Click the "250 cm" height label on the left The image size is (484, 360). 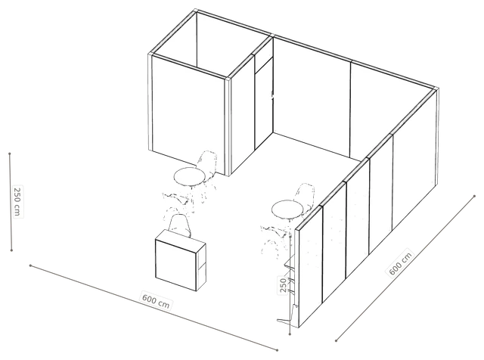point(17,202)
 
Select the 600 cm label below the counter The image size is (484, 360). point(156,301)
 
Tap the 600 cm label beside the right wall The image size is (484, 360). point(400,263)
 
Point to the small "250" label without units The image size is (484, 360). point(283,285)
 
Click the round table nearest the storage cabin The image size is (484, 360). point(190,177)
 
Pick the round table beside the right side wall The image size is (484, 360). point(287,209)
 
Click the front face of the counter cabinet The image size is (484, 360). point(175,265)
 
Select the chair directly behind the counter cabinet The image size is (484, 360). point(179,225)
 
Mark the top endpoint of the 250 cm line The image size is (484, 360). point(10,154)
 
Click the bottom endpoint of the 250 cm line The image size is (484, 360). point(11,250)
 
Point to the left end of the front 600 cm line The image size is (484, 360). point(30,265)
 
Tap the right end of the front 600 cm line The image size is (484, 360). point(277,350)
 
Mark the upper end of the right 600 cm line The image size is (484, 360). point(474,196)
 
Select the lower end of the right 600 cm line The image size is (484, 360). point(336,341)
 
